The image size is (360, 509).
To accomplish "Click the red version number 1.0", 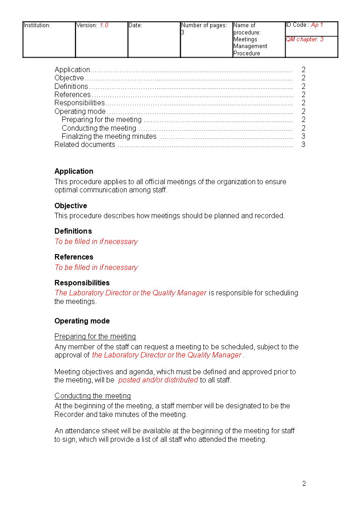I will click(x=104, y=25).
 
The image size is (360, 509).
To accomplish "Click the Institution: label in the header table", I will click(x=37, y=25).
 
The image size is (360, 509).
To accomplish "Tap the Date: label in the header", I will click(x=135, y=25).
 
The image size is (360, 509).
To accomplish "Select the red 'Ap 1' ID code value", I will click(x=317, y=25).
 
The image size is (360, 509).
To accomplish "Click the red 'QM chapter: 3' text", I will click(x=305, y=39).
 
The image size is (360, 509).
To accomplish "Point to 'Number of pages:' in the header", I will click(x=204, y=25).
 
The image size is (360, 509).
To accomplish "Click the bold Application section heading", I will click(x=74, y=171).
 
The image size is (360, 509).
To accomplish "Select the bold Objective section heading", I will click(x=71, y=206).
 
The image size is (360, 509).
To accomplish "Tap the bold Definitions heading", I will click(x=73, y=231).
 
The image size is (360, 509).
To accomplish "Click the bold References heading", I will click(x=74, y=257).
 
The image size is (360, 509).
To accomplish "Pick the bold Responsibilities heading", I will click(x=82, y=283).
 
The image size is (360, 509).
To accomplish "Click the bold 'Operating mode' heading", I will click(x=82, y=321).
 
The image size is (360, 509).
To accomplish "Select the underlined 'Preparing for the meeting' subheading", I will click(x=95, y=336).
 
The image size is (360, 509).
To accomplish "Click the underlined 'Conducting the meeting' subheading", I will click(x=93, y=396).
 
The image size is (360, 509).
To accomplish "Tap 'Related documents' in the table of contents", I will click(x=85, y=145).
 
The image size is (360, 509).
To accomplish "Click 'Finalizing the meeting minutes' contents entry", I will click(x=109, y=136).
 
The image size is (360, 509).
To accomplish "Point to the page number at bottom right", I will click(x=304, y=484).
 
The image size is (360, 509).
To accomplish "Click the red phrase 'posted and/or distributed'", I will click(x=158, y=380).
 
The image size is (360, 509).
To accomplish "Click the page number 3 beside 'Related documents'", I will click(x=303, y=145).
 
